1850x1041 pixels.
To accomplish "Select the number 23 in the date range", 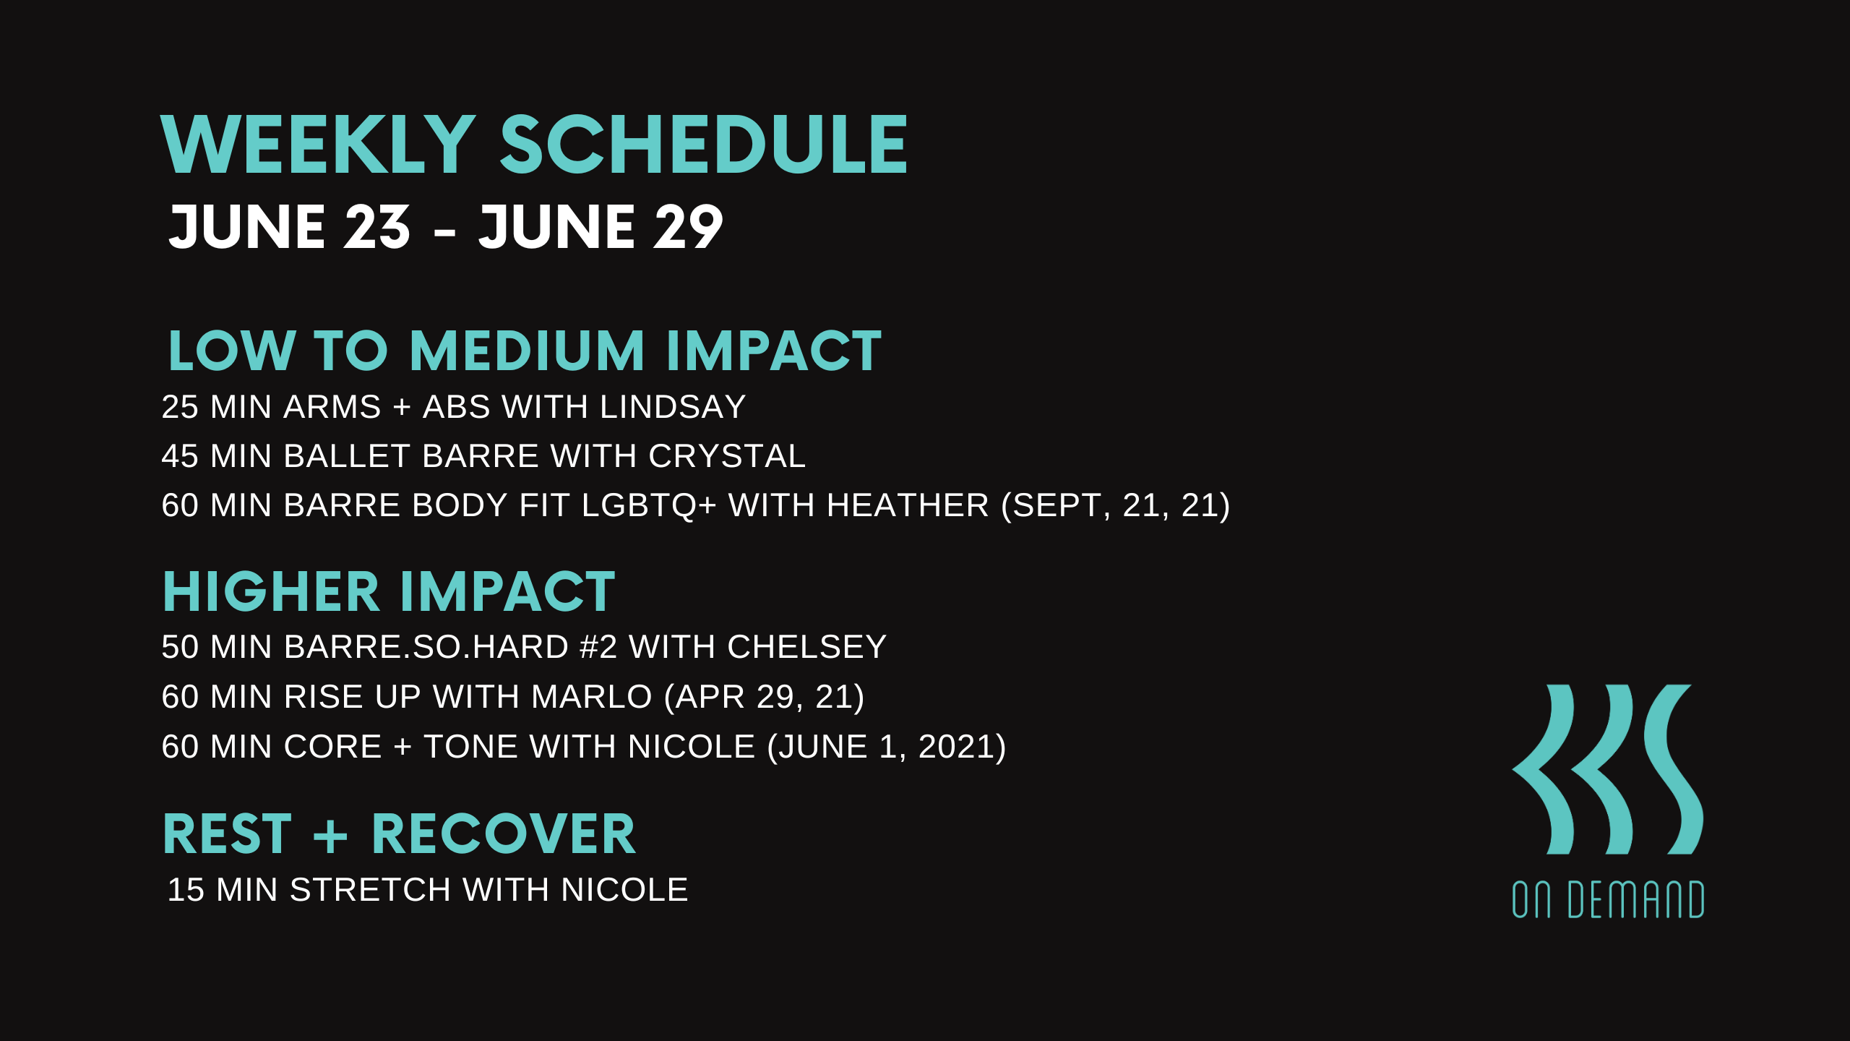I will pyautogui.click(x=377, y=228).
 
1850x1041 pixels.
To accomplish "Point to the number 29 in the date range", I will pyautogui.click(x=687, y=228).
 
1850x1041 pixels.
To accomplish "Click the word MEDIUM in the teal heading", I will pyautogui.click(x=527, y=351).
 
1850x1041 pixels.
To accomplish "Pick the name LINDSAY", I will pyautogui.click(x=672, y=407).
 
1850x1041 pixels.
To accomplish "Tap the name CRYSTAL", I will pyautogui.click(x=726, y=456).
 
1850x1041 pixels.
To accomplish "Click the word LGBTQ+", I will pyautogui.click(x=648, y=505).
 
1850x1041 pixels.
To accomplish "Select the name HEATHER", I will pyautogui.click(x=907, y=505).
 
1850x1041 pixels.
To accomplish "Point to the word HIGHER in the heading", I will pyautogui.click(x=271, y=592).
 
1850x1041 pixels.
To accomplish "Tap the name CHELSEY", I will pyautogui.click(x=806, y=647).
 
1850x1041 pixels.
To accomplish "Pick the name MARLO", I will pyautogui.click(x=592, y=697).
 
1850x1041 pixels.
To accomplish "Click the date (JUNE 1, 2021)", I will pyautogui.click(x=886, y=747).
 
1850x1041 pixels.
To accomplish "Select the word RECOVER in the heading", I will pyautogui.click(x=503, y=834).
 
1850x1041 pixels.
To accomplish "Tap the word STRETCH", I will pyautogui.click(x=370, y=890).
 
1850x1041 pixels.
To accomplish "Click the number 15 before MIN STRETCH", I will pyautogui.click(x=186, y=890).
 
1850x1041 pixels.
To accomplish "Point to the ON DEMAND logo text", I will pyautogui.click(x=1608, y=900).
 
